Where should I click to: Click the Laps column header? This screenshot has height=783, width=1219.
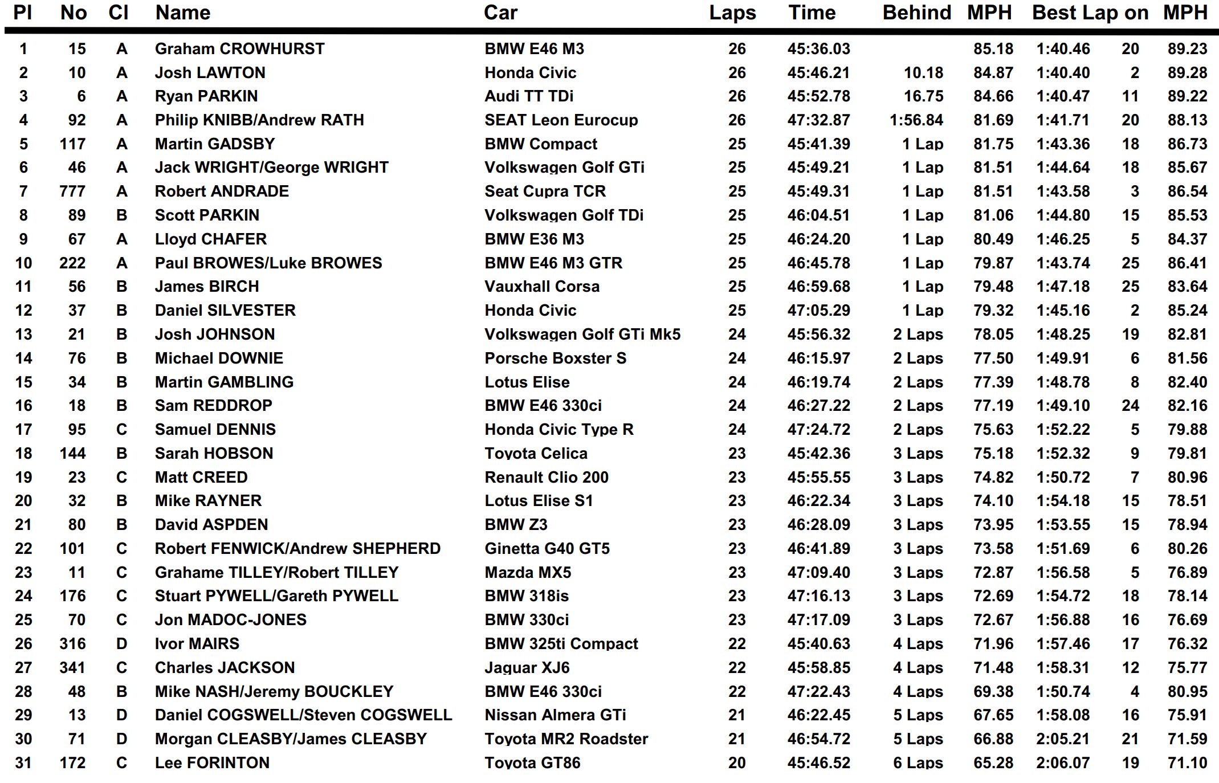(x=732, y=13)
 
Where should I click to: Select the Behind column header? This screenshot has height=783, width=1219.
(x=916, y=13)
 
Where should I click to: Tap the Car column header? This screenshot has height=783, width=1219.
(x=500, y=13)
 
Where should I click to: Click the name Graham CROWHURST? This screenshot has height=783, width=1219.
(x=239, y=49)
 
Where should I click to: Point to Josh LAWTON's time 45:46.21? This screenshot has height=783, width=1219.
(x=818, y=73)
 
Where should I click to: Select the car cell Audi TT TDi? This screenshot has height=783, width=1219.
(x=529, y=96)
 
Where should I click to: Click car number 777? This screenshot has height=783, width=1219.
(x=72, y=191)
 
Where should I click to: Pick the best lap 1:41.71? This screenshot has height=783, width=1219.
(x=1063, y=120)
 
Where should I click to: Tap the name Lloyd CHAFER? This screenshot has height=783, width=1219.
(x=211, y=239)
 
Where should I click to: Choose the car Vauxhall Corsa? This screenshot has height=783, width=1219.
(x=542, y=287)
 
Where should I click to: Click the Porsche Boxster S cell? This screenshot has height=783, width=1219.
(x=555, y=358)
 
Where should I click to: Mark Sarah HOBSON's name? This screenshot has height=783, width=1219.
(x=214, y=454)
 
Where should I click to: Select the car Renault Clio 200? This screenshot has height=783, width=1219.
(x=547, y=478)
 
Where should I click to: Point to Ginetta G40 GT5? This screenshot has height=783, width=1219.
(x=547, y=549)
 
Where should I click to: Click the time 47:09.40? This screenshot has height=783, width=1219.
(x=818, y=573)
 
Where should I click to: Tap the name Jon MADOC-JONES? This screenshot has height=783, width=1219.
(x=231, y=620)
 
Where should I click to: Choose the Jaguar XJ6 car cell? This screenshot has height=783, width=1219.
(x=527, y=668)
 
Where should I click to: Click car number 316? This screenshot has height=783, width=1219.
(x=72, y=644)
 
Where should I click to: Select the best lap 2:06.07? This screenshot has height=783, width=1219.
(x=1063, y=763)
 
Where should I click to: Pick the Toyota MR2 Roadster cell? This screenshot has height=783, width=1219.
(x=566, y=739)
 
